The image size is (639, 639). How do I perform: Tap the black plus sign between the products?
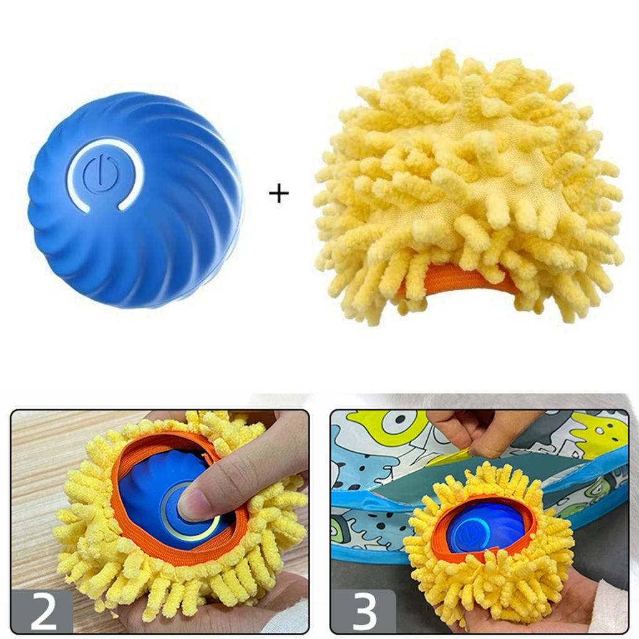coord(279,194)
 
